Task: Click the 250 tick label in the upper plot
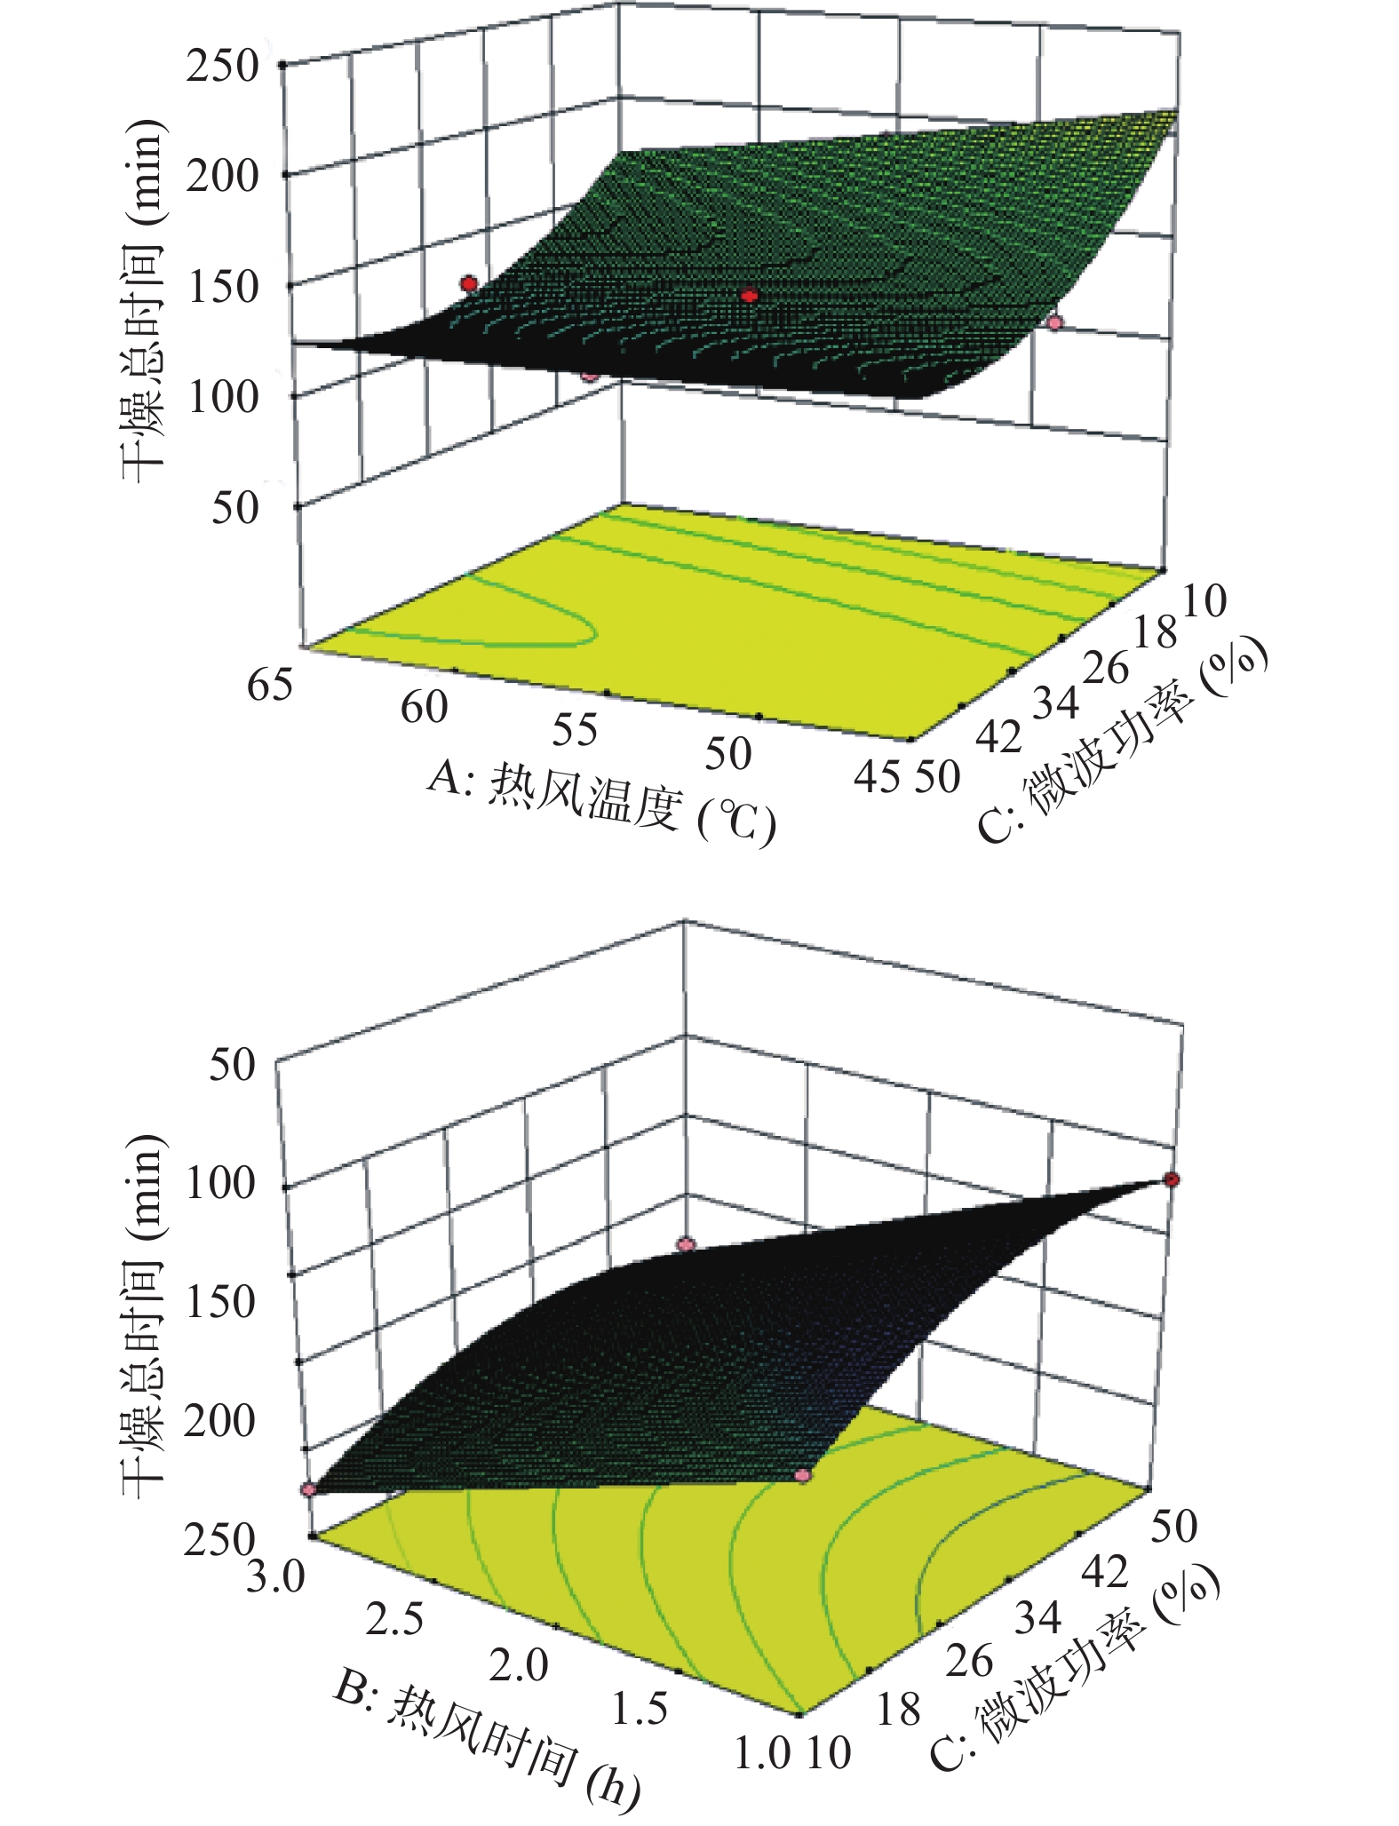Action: pos(222,67)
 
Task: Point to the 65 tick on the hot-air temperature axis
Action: pos(270,685)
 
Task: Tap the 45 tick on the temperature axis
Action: pos(877,776)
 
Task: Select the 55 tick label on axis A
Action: pos(575,729)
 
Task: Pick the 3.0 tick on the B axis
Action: pos(275,1577)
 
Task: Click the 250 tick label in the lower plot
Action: pos(219,1539)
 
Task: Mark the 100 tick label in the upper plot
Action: pos(222,397)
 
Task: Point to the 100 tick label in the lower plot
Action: pos(219,1184)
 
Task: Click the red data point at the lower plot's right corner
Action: pos(1172,1179)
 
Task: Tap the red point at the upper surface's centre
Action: pos(750,295)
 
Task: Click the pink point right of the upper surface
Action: pos(1054,323)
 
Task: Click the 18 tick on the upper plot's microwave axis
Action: pos(1156,634)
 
